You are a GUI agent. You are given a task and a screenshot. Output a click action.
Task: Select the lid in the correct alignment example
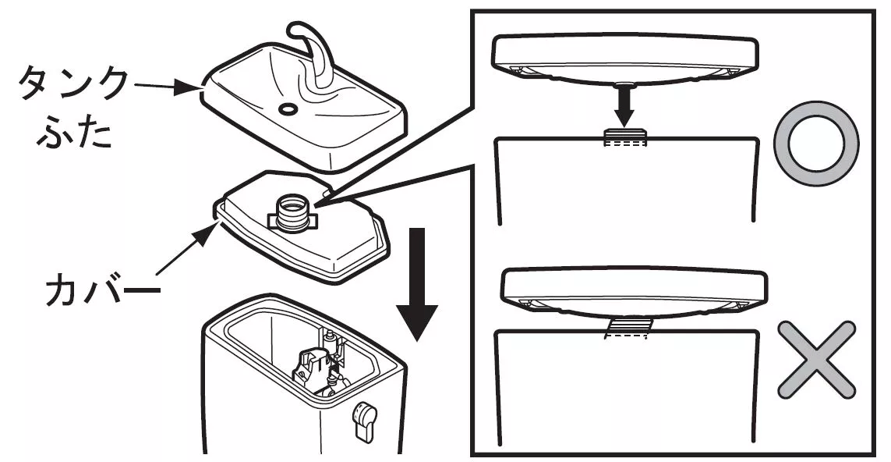point(624,59)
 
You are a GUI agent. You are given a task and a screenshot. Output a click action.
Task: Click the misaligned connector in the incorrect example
point(627,327)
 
